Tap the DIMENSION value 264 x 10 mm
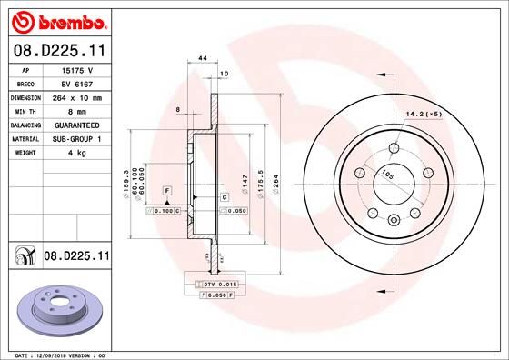click(77, 96)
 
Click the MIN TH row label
click(24, 110)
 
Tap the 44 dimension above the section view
click(203, 58)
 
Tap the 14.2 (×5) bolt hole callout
click(423, 115)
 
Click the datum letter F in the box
click(167, 190)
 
